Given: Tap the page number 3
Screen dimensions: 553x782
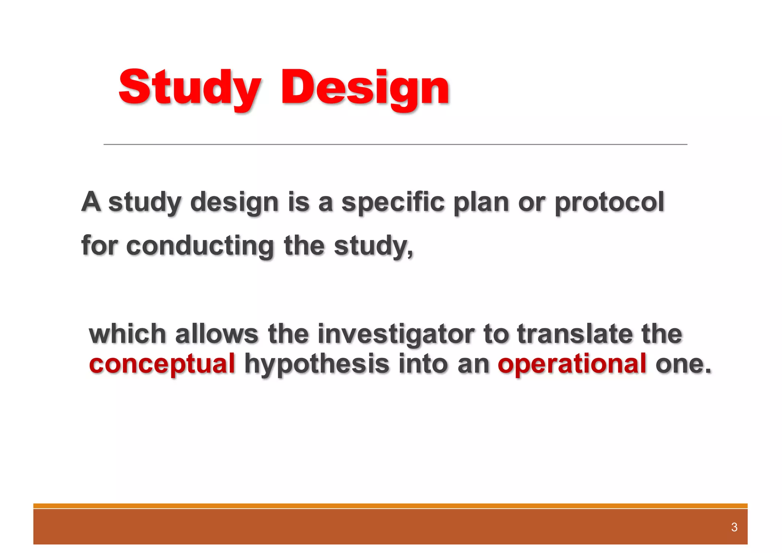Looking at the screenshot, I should (x=734, y=527).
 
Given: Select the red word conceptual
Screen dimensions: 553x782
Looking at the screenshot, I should (x=162, y=364).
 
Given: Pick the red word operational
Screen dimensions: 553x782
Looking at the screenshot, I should (x=572, y=364).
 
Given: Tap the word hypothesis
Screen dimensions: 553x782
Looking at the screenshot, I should (x=317, y=364).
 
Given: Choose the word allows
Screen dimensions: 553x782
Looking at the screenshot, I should (x=217, y=334).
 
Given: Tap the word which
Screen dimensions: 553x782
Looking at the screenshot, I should (x=127, y=334).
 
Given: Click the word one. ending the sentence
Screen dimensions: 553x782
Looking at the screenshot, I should (x=683, y=364).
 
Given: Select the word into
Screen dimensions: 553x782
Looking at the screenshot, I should (x=423, y=364).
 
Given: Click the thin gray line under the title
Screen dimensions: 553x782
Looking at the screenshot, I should (x=395, y=144).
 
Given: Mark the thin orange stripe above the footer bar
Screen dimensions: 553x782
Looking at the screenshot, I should (x=390, y=506).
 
